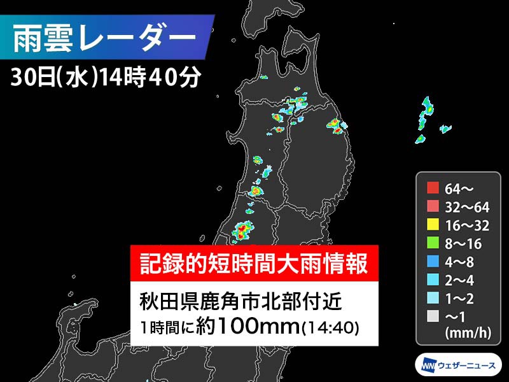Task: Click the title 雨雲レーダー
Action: [105, 37]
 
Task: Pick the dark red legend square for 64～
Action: [433, 188]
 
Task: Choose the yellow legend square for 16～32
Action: [433, 224]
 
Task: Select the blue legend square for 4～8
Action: [433, 260]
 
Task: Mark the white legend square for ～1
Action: [433, 315]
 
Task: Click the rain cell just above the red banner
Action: [242, 230]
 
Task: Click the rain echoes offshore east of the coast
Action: [428, 118]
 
